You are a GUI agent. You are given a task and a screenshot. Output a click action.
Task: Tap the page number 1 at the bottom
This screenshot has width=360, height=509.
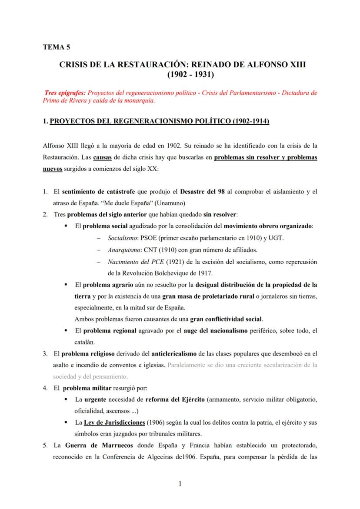180,485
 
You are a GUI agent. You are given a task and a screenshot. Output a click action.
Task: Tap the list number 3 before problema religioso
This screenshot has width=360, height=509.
45,353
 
